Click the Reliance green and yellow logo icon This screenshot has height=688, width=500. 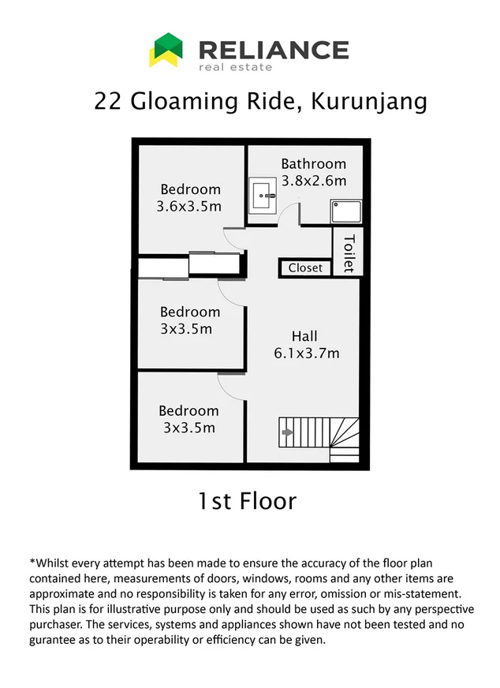point(166,49)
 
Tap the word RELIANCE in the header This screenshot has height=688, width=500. point(273,50)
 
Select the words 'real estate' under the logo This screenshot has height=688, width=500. point(235,67)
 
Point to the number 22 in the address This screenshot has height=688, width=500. point(107,102)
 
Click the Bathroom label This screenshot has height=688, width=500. point(313,164)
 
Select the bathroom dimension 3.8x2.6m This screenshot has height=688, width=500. point(313,180)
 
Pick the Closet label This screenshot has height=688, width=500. point(305,267)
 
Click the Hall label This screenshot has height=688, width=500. point(304,336)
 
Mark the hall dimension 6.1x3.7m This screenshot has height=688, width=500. point(307,353)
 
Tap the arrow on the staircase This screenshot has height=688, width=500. point(288,432)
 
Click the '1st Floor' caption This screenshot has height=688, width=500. point(246,500)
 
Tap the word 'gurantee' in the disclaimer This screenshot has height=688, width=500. point(56,640)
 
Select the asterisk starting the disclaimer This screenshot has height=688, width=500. point(32,563)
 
